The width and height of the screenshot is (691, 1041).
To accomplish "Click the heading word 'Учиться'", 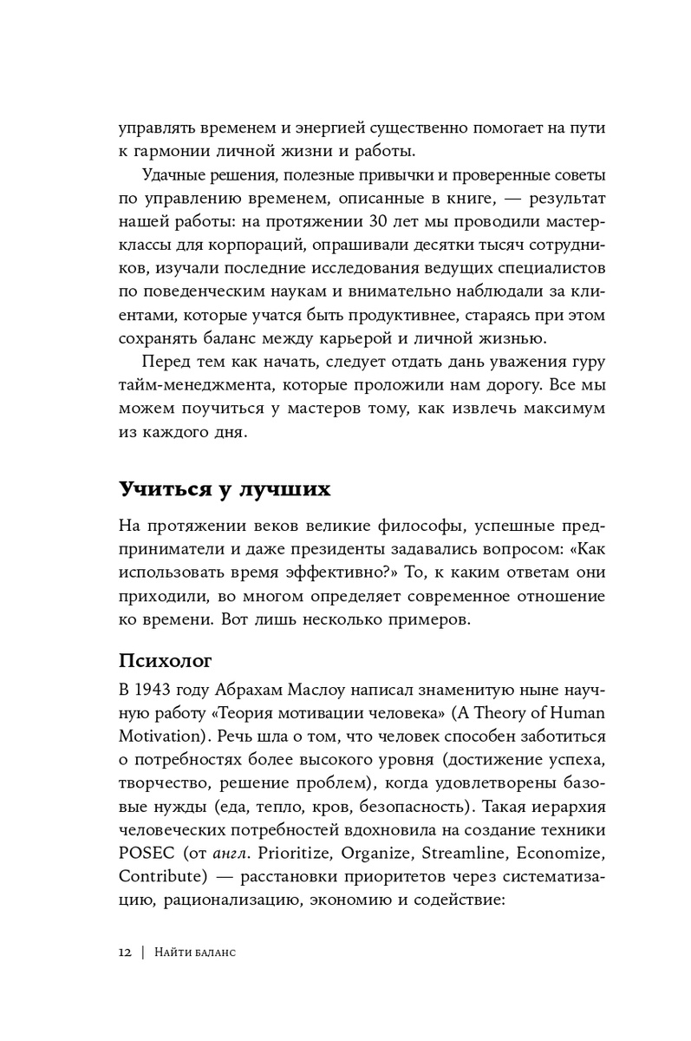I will (162, 489).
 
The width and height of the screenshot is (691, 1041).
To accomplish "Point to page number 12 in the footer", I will (125, 952).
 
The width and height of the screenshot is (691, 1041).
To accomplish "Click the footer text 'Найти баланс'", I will (198, 952).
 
